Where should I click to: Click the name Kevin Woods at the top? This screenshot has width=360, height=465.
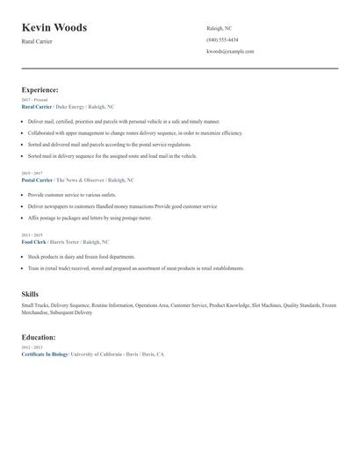click(54, 28)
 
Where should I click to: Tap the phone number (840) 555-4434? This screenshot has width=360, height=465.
click(222, 39)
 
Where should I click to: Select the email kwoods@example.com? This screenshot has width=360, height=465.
click(230, 51)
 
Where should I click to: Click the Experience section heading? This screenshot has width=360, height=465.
click(40, 89)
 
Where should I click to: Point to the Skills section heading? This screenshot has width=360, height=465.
click(30, 295)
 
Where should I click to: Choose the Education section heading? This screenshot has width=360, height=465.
click(39, 337)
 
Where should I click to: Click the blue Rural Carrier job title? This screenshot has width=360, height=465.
click(37, 105)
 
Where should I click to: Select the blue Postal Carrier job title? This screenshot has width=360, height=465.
click(37, 179)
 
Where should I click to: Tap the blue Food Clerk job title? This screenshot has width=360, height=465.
click(33, 240)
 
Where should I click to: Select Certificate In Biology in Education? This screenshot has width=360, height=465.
click(45, 354)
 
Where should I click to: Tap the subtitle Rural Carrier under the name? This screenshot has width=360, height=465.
click(38, 42)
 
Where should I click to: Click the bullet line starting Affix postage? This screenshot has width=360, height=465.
click(89, 218)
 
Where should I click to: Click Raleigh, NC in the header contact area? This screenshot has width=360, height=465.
click(220, 28)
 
